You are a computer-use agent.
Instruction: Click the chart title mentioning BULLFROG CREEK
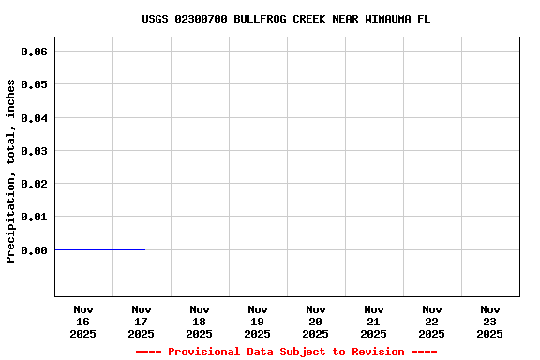pyautogui.click(x=286, y=19)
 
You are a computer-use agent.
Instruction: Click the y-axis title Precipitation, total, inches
pyautogui.click(x=11, y=171)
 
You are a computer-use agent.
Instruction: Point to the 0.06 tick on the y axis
pyautogui.click(x=35, y=52)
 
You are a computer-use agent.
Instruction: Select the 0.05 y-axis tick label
pyautogui.click(x=35, y=84)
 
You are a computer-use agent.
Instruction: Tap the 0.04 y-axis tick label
pyautogui.click(x=35, y=118)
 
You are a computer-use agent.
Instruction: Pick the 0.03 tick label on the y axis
pyautogui.click(x=35, y=151)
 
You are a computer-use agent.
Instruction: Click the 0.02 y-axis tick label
pyautogui.click(x=35, y=184)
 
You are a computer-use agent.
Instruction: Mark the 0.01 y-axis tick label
pyautogui.click(x=35, y=217)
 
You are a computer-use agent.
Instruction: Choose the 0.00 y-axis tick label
pyautogui.click(x=35, y=250)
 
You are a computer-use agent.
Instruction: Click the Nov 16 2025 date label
pyautogui.click(x=83, y=321)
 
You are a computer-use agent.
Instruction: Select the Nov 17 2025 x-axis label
pyautogui.click(x=142, y=321)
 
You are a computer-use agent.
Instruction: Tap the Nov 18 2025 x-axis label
pyautogui.click(x=200, y=321)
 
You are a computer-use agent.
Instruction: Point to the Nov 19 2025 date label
pyautogui.click(x=258, y=321)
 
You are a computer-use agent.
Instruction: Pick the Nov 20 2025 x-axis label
pyautogui.click(x=316, y=321)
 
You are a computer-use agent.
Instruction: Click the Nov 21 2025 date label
pyautogui.click(x=374, y=321)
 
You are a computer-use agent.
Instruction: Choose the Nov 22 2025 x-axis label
pyautogui.click(x=432, y=321)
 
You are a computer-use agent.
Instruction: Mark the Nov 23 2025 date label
pyautogui.click(x=490, y=321)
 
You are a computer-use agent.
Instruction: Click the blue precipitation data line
pyautogui.click(x=100, y=249)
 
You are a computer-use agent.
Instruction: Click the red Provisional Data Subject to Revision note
pyautogui.click(x=286, y=352)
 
